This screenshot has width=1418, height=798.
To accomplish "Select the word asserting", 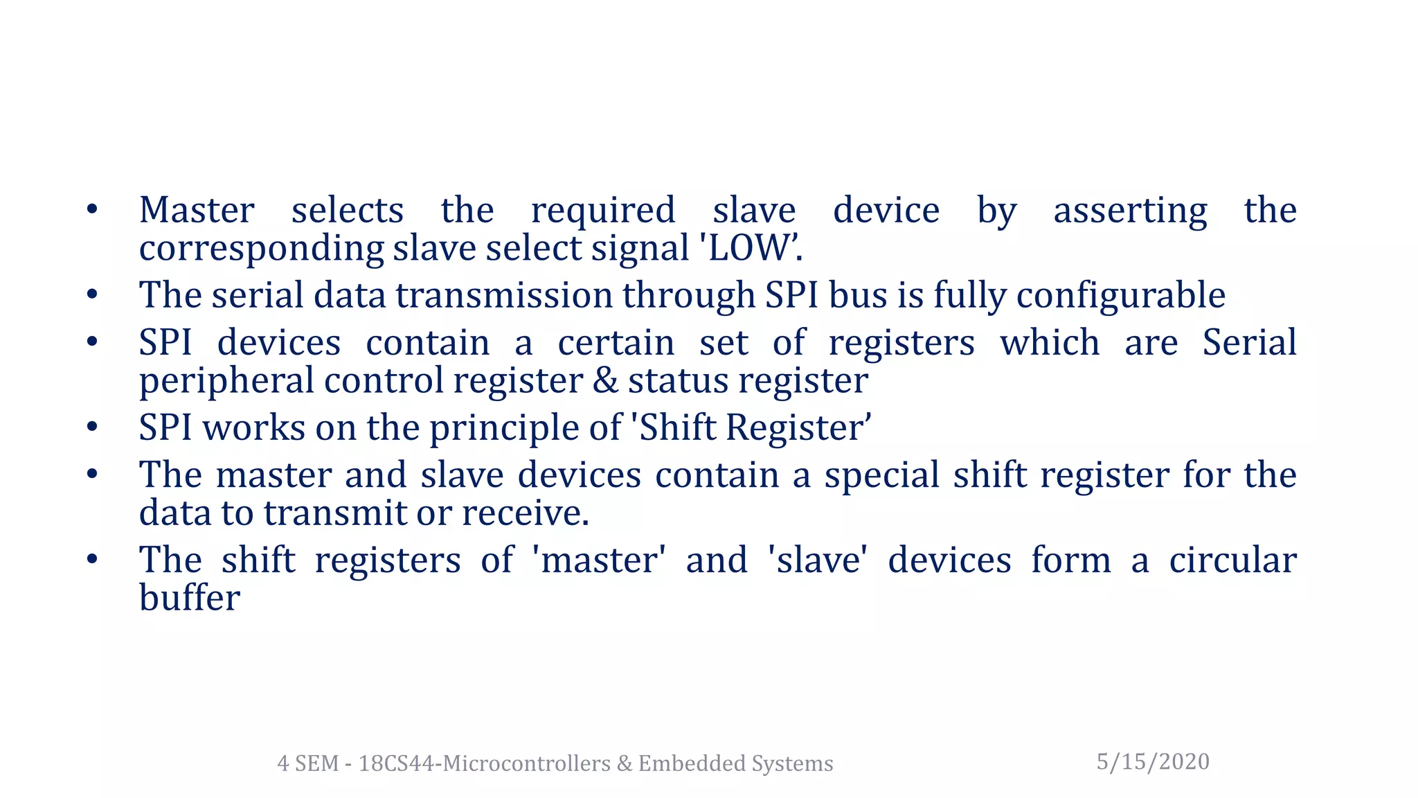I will tap(1130, 211).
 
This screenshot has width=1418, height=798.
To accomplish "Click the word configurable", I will tap(1121, 295).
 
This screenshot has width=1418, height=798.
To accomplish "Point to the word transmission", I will tap(504, 295).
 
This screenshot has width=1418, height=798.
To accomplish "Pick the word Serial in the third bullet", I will tap(1249, 342).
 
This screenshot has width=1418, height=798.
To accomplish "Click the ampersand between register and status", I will tap(605, 380).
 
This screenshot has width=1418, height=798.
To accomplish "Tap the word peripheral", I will tap(226, 382).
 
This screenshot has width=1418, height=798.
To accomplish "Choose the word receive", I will tap(524, 513).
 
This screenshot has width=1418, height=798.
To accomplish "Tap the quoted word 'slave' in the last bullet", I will tap(818, 560).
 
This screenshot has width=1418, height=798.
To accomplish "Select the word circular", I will tap(1232, 560).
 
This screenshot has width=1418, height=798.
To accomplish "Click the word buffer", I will tap(190, 597).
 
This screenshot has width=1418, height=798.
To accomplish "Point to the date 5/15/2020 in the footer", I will tap(1153, 761).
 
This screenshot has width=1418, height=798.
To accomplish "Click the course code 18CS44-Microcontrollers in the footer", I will tap(485, 763).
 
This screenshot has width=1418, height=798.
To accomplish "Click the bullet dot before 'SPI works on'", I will tap(92, 427).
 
